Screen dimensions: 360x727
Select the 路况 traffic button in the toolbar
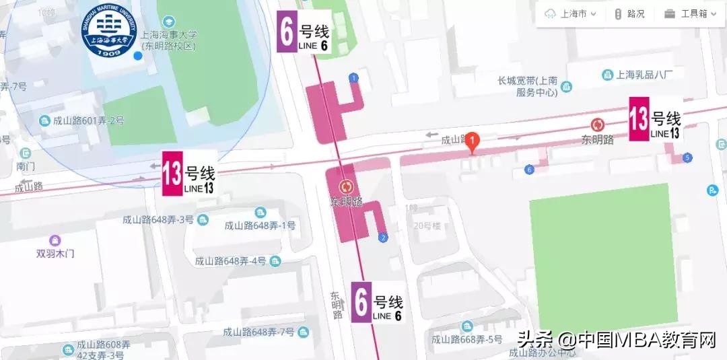pyautogui.click(x=629, y=13)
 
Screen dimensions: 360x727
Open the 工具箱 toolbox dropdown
pyautogui.click(x=687, y=13)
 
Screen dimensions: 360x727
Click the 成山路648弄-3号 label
pyautogui.click(x=158, y=219)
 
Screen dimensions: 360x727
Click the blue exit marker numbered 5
pyautogui.click(x=687, y=158)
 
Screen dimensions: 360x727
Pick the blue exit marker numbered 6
pyautogui.click(x=529, y=170)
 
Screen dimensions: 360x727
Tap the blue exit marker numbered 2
pyautogui.click(x=383, y=238)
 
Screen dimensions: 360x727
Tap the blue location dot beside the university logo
pyautogui.click(x=138, y=55)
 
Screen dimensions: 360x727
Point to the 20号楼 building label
pyautogui.click(x=427, y=225)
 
